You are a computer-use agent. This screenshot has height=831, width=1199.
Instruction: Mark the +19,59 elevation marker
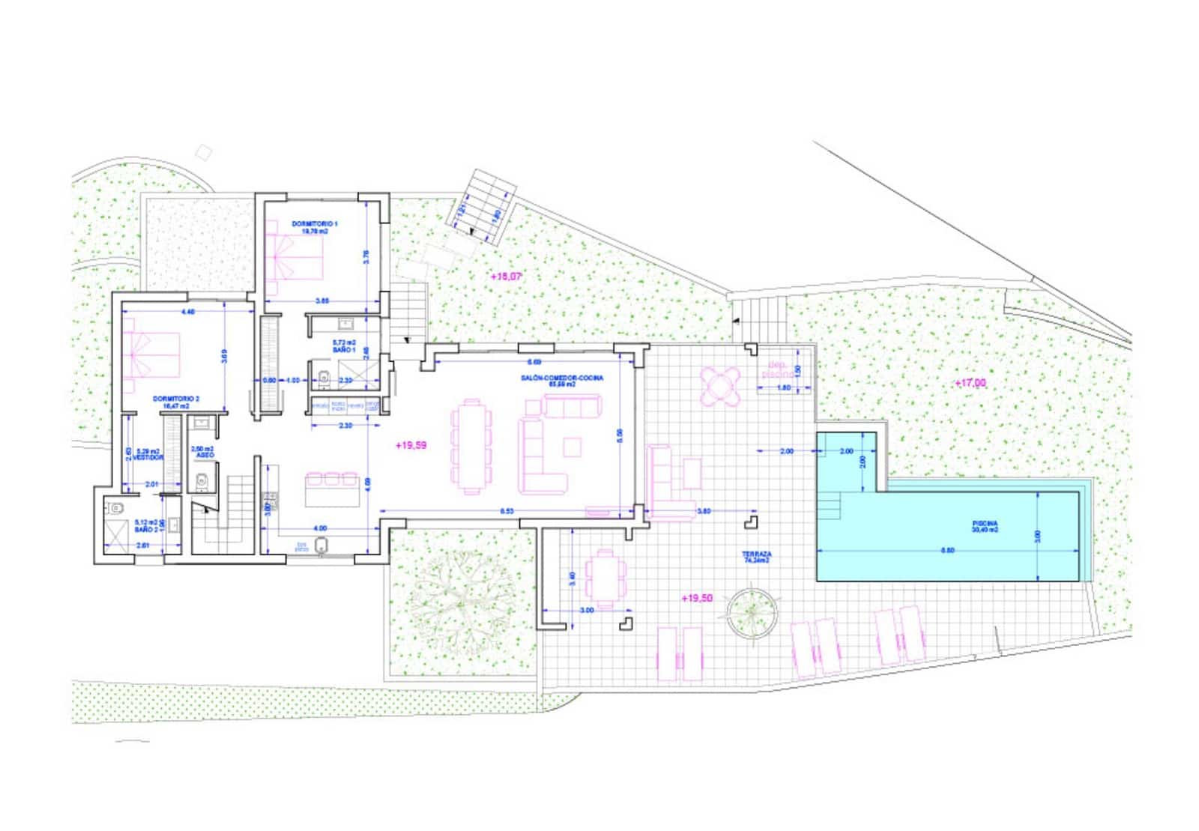(411, 445)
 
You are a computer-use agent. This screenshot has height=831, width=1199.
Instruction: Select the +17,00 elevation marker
(971, 383)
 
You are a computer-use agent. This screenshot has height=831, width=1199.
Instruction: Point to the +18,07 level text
(506, 277)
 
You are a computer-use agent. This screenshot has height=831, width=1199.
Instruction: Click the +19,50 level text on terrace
(697, 598)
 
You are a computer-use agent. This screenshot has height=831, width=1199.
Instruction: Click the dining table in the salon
(471, 447)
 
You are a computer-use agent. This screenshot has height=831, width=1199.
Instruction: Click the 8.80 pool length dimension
(947, 550)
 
